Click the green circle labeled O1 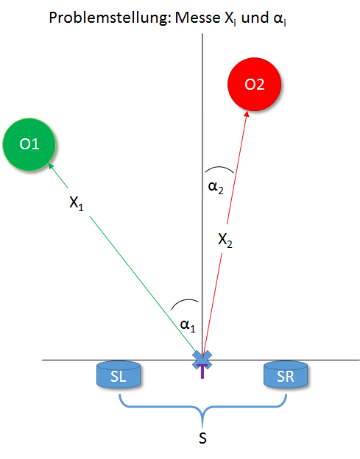[29, 144]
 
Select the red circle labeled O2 [254, 85]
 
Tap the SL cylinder [119, 375]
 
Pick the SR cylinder [286, 375]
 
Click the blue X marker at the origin [202, 360]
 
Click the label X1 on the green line [77, 202]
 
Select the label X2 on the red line [225, 240]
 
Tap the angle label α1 [188, 325]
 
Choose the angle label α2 [216, 187]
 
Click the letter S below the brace [202, 438]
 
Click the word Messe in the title [197, 18]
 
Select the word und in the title [255, 18]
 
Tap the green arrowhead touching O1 [52, 166]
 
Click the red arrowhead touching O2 [247, 115]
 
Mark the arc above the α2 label [219, 168]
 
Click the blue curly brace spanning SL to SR [202, 407]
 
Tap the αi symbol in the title [280, 18]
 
